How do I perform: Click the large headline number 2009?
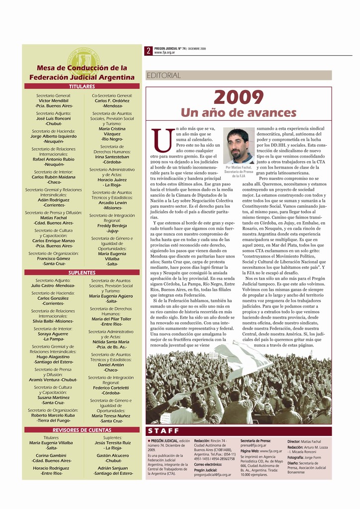click(238, 97)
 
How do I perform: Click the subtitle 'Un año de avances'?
click(238, 113)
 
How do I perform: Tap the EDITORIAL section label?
click(164, 76)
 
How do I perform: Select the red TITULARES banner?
click(82, 86)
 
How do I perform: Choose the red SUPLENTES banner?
click(82, 272)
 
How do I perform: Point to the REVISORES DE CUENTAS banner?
click(82, 429)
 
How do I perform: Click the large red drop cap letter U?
click(161, 141)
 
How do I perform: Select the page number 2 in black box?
click(149, 50)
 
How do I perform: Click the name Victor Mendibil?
click(54, 100)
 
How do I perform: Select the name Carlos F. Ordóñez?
click(112, 100)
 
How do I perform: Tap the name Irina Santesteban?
click(112, 157)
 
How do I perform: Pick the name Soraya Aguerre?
click(53, 334)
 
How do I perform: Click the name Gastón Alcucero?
click(113, 455)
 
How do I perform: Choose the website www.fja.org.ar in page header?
click(165, 52)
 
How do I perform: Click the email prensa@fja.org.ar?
click(254, 445)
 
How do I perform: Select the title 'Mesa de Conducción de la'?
click(82, 68)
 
